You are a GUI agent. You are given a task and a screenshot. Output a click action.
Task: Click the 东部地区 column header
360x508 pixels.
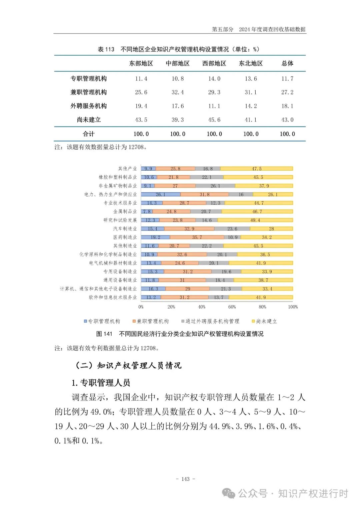(141, 64)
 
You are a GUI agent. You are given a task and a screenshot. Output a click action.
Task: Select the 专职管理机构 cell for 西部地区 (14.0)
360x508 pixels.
(214, 79)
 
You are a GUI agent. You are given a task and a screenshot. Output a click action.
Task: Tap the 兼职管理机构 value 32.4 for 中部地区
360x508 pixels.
(178, 92)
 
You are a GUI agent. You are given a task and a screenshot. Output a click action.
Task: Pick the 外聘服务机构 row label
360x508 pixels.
(88, 106)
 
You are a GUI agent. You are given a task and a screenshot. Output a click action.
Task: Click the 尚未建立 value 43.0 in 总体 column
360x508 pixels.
(287, 120)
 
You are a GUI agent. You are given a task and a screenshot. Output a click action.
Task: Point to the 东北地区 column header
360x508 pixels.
(251, 64)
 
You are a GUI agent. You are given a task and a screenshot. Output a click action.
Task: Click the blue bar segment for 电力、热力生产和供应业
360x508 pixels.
(161, 194)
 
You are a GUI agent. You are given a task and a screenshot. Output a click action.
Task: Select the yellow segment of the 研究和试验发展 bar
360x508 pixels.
(255, 220)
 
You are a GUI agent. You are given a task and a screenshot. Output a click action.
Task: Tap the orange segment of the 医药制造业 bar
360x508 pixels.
(197, 237)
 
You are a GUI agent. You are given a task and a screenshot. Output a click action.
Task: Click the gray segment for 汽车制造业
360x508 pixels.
(232, 229)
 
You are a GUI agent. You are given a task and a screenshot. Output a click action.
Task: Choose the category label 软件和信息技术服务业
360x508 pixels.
(113, 297)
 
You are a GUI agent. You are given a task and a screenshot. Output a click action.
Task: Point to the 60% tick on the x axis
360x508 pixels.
(232, 307)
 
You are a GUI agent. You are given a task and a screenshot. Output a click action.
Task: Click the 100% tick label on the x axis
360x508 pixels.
(293, 307)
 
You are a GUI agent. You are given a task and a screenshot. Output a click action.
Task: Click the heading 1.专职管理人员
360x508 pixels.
(101, 383)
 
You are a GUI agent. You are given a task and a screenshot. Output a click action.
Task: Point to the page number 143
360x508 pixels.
(185, 479)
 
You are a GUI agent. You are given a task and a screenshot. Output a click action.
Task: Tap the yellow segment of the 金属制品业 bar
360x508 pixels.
(257, 212)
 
